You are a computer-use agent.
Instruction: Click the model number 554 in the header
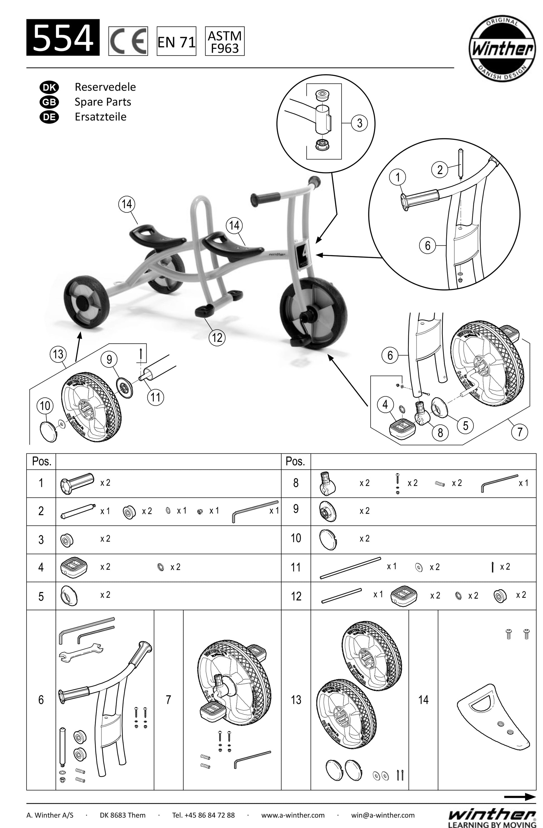[63, 38]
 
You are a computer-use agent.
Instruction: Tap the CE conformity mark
[128, 41]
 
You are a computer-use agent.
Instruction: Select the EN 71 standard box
[176, 41]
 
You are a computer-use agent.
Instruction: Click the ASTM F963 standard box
[225, 41]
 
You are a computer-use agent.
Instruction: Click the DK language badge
[49, 87]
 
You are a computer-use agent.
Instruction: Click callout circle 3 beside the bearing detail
[359, 123]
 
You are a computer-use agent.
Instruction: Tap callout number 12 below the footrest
[217, 337]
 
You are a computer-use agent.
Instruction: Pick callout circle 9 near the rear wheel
[109, 359]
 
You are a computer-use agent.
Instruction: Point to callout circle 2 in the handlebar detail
[440, 170]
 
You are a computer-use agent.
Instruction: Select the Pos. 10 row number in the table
[295, 538]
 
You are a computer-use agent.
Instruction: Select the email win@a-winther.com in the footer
[383, 815]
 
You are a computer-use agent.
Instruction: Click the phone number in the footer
[203, 815]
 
